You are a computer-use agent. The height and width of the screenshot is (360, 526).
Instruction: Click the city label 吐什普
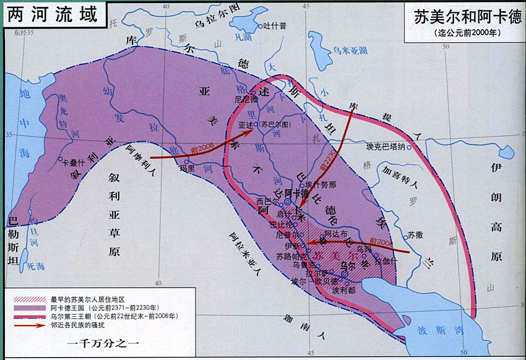(275, 25)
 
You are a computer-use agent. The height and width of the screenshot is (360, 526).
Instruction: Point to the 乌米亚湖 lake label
(351, 49)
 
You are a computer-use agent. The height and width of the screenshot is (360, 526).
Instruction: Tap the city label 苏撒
(415, 235)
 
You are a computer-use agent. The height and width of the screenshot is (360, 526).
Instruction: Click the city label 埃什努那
(321, 184)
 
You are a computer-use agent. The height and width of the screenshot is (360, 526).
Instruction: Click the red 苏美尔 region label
(335, 255)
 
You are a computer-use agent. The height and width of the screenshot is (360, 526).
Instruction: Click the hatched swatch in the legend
(27, 298)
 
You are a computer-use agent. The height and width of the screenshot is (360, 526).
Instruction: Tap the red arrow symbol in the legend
(27, 324)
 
